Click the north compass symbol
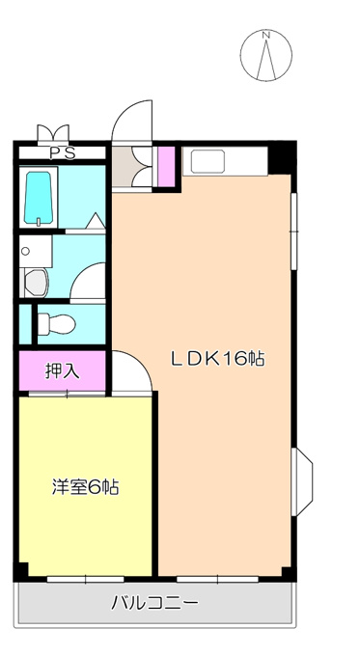coord(265,55)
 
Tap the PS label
coord(63,153)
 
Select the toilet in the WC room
coord(57,324)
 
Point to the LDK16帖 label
coord(217,359)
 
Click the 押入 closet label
coord(62,370)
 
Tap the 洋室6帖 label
coord(85,487)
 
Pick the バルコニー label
coord(154,603)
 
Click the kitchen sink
coord(208,161)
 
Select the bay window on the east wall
coord(302,481)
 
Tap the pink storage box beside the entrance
coord(166,167)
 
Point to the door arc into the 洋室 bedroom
coord(138,363)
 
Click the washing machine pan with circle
coord(35,251)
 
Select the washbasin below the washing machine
coord(35,284)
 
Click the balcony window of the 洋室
coord(85,579)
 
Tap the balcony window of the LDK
coord(217,579)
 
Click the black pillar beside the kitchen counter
coord(282,157)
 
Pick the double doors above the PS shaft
coord(53,134)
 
